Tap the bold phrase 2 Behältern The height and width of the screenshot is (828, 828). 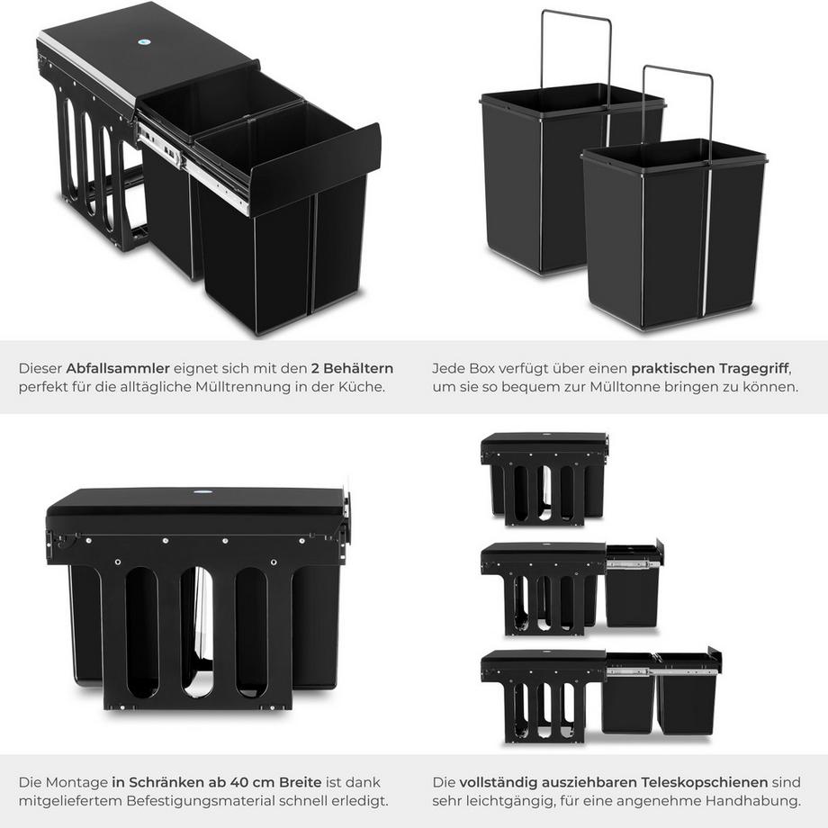point(353,368)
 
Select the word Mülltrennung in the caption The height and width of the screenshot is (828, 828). point(255,387)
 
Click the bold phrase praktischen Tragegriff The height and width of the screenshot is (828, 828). point(709,368)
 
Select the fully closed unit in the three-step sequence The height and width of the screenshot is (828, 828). point(544,478)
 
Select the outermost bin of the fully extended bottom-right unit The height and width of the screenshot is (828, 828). point(687,700)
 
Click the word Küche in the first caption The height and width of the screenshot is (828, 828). point(364,387)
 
